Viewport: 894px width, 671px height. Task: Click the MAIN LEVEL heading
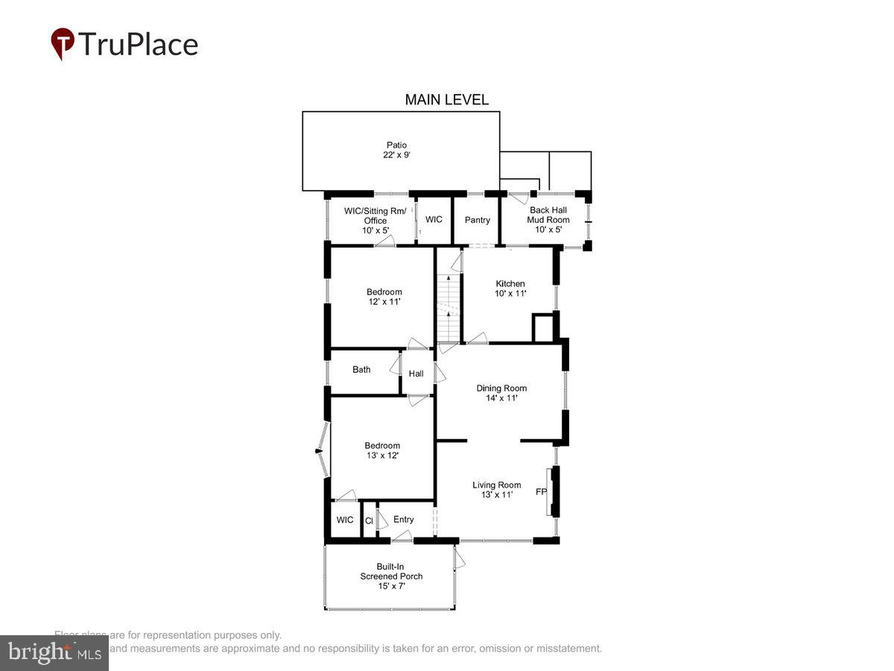coord(446,100)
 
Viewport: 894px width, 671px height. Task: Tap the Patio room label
coord(396,150)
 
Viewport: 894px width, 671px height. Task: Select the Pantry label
coord(478,220)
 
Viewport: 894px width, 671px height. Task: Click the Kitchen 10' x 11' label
coord(510,289)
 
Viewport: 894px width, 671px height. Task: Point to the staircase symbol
coord(447,306)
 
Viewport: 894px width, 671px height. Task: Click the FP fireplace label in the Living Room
coord(541,492)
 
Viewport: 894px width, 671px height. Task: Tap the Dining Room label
coord(501,393)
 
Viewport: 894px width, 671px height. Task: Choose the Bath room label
coord(361,370)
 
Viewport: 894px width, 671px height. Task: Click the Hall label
coord(416,374)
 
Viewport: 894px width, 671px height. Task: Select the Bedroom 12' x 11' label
coord(384,297)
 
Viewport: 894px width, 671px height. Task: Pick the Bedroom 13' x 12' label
coord(382,450)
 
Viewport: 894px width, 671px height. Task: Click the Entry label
coord(403,520)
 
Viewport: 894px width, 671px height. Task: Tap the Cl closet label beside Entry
coord(369,521)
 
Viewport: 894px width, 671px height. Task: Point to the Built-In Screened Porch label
coord(391,576)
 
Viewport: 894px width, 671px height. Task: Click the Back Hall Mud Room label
coord(548,220)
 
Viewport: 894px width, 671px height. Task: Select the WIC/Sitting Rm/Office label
coord(375,221)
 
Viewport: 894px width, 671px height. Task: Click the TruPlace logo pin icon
coord(63,43)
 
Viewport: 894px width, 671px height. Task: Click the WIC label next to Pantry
coord(434,220)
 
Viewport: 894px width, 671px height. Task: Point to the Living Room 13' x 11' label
coord(496,490)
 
